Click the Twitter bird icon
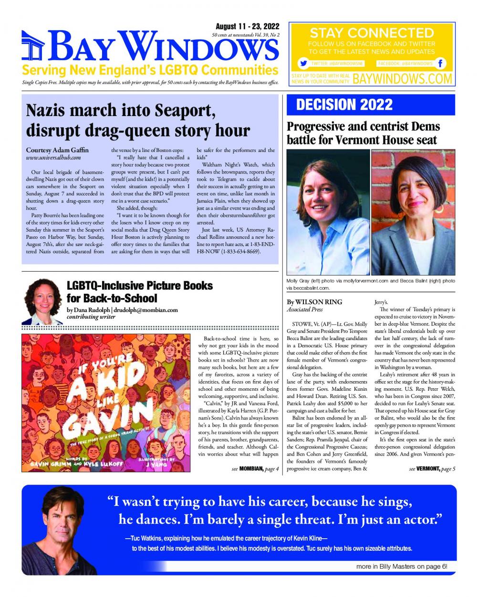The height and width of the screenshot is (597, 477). [302, 63]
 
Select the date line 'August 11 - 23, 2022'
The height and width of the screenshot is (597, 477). [248, 27]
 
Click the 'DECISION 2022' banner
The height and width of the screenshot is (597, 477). [344, 105]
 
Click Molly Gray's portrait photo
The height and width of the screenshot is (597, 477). [328, 212]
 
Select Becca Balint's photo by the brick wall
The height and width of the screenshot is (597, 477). [413, 212]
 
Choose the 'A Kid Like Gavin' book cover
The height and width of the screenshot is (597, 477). [106, 403]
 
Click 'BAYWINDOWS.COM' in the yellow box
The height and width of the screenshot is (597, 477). [402, 79]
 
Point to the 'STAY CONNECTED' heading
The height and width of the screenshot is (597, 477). [372, 33]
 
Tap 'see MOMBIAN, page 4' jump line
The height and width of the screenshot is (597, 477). [255, 469]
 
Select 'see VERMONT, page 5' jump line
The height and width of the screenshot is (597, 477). [432, 469]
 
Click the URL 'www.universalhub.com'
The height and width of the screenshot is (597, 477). [53, 157]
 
